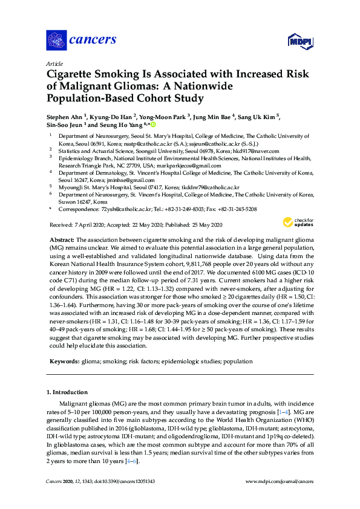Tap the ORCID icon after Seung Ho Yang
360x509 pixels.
click(x=152, y=125)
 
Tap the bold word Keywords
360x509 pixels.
click(x=64, y=361)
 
